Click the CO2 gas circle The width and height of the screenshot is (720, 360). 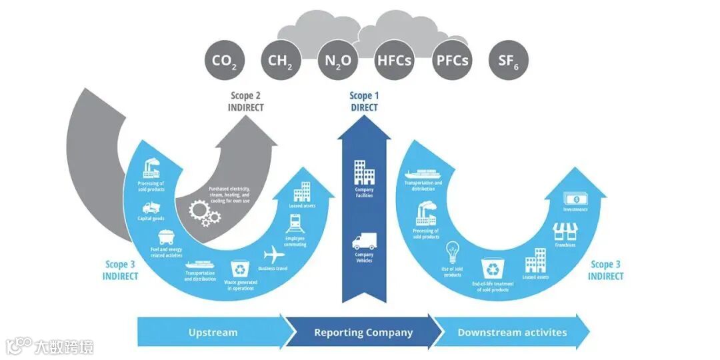pos(225,61)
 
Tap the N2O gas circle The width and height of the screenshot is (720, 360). pos(338,61)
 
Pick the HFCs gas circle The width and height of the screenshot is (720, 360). pos(395,61)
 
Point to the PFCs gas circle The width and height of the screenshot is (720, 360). pos(452,61)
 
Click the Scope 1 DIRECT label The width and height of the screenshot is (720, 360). pos(364,101)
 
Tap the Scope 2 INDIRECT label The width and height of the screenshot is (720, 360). pos(247,101)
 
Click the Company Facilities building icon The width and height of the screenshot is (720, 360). pos(364,172)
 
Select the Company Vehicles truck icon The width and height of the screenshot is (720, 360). pos(364,241)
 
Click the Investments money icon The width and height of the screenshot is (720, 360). pos(575,198)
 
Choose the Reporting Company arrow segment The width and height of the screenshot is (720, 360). pos(363,332)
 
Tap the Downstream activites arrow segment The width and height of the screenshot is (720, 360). pos(512,332)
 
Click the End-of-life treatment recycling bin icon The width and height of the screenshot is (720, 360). pos(493,268)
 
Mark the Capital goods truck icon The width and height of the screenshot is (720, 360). pos(151,207)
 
